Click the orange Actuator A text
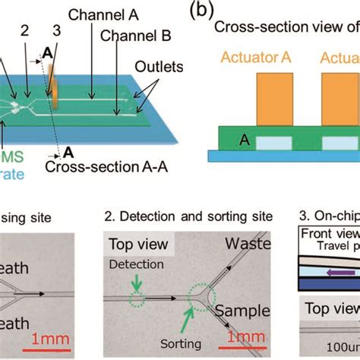pos(257,56)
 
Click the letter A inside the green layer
pos(226,141)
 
